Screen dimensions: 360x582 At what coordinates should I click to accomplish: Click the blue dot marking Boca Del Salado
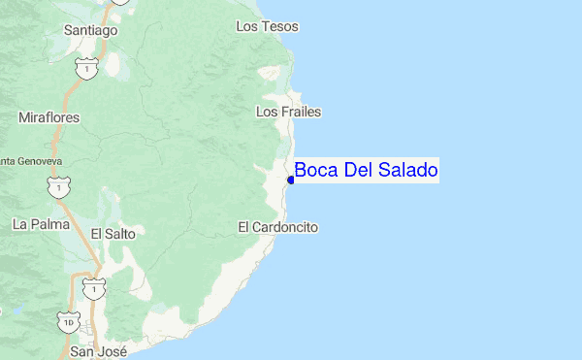[x=291, y=180]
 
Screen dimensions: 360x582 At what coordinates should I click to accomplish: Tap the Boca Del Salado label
[x=366, y=171]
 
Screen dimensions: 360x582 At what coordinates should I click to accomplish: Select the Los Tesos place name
[x=268, y=26]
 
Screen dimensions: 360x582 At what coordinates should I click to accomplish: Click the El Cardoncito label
[x=277, y=227]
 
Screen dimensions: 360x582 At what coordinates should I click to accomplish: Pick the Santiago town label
[x=90, y=30]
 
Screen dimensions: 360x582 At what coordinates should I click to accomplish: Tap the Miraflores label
[x=48, y=117]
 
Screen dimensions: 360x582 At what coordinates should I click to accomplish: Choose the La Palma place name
[x=42, y=224]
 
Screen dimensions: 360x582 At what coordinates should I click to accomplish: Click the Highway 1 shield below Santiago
[x=89, y=70]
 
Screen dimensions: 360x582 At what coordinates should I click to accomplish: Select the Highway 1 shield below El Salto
[x=92, y=288]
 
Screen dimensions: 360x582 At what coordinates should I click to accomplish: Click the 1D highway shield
[x=68, y=319]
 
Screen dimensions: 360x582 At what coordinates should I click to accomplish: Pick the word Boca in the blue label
[x=314, y=171]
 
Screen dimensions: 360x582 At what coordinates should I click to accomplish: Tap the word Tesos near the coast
[x=279, y=26]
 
